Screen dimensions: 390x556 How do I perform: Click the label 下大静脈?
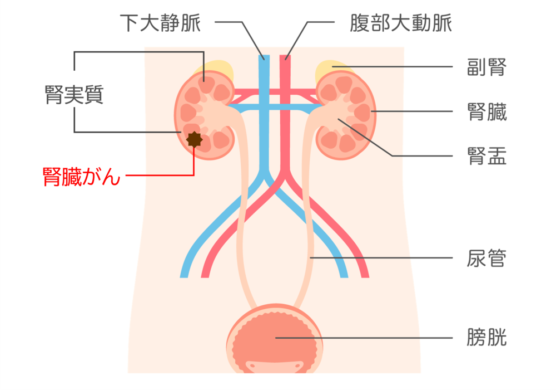[x=160, y=23]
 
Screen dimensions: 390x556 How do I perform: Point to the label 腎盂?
[x=487, y=157]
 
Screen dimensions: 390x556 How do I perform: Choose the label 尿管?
[x=487, y=259]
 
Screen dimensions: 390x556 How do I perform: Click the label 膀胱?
[x=487, y=338]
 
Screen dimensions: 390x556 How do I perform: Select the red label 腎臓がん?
[x=82, y=177]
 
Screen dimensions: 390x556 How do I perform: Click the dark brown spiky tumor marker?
[x=194, y=139]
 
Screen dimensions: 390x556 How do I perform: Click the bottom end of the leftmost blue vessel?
[x=184, y=275]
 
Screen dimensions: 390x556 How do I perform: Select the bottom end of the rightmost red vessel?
[x=364, y=275]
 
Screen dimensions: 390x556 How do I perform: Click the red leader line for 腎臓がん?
[x=161, y=176]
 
